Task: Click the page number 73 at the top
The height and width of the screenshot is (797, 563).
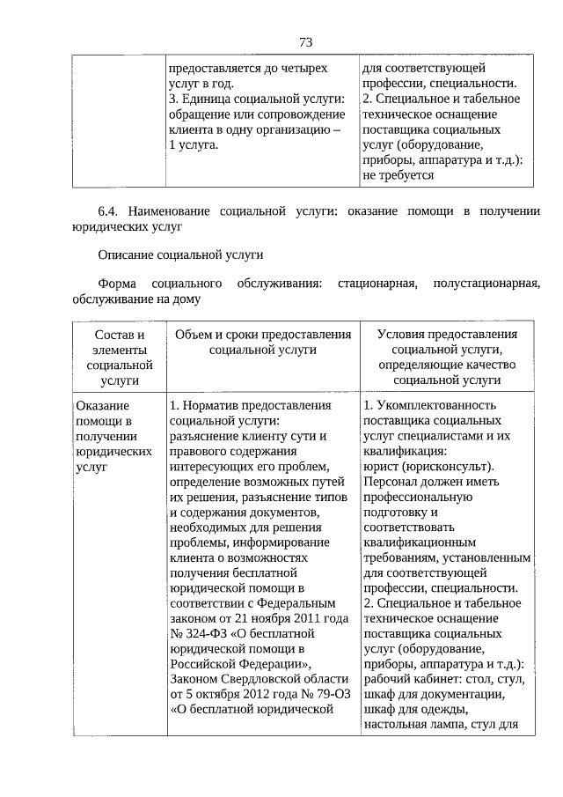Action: tap(306, 42)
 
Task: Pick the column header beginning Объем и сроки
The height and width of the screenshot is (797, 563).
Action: tap(263, 342)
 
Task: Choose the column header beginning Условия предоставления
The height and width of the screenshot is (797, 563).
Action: tap(447, 357)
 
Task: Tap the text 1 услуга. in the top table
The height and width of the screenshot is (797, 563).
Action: tap(193, 144)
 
